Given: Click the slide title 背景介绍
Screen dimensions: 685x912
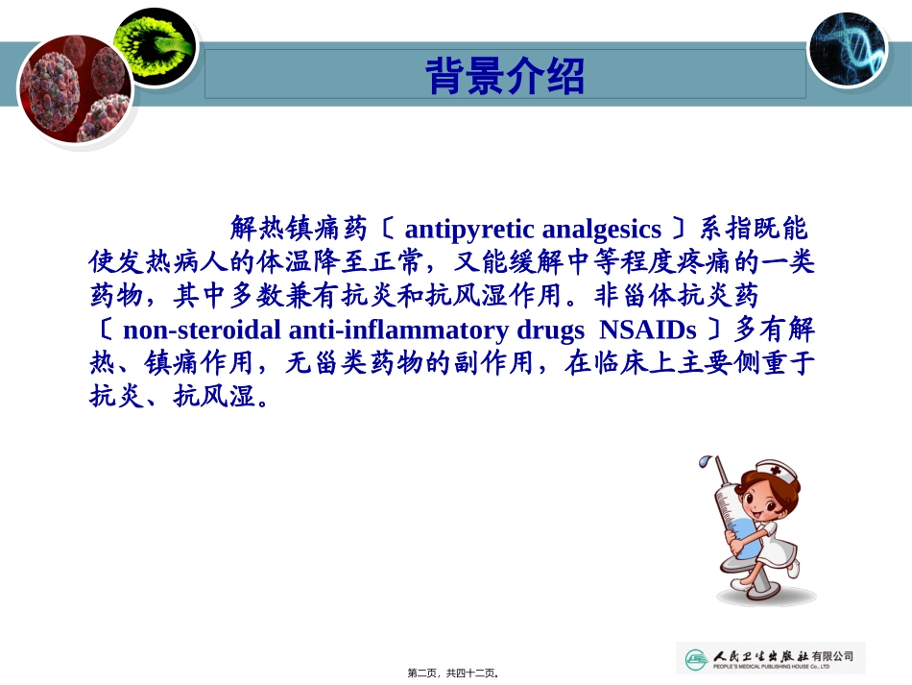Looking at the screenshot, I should pos(504,76).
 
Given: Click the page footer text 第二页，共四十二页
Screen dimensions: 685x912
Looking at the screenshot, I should pos(456,673).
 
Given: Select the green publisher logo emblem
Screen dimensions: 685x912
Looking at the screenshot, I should pos(695,659).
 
